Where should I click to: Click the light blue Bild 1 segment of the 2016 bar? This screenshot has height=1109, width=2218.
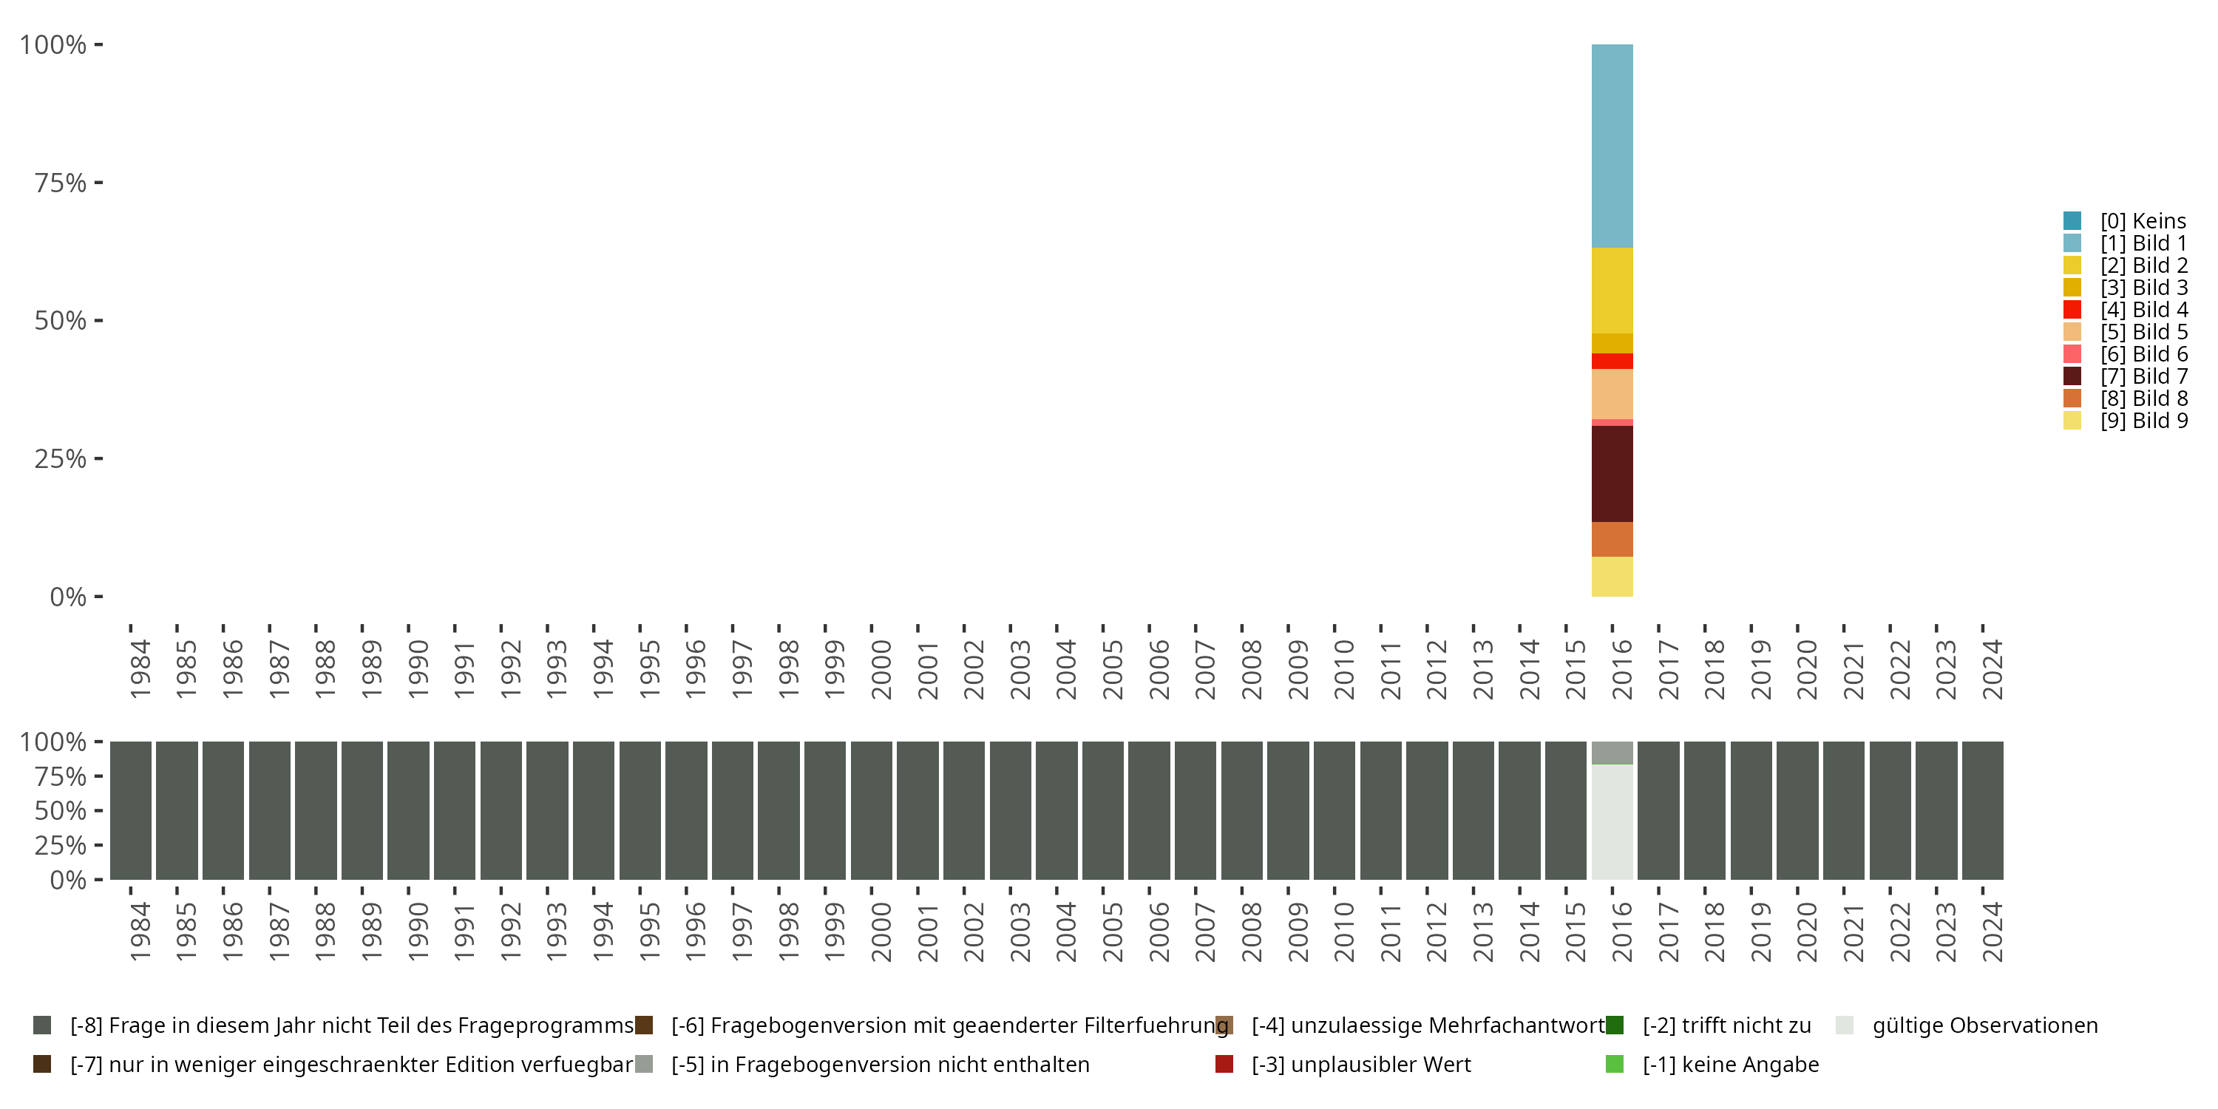1612,146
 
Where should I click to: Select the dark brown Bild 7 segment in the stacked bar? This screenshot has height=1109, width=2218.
1612,474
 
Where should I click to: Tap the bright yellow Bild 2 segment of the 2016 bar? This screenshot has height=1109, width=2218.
1612,290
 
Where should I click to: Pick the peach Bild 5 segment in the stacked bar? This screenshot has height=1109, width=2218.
1612,393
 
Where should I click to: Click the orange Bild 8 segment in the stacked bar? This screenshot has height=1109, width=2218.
1612,539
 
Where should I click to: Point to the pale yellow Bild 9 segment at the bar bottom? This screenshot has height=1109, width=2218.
1612,576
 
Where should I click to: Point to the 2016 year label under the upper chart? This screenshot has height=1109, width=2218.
1621,669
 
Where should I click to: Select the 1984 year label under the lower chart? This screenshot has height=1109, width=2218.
140,932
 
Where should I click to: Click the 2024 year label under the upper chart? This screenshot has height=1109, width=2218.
1992,669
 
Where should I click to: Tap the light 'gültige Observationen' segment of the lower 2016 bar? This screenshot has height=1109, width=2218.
1612,821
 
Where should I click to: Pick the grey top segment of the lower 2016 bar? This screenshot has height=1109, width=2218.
1612,753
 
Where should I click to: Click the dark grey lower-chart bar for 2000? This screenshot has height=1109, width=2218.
872,810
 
